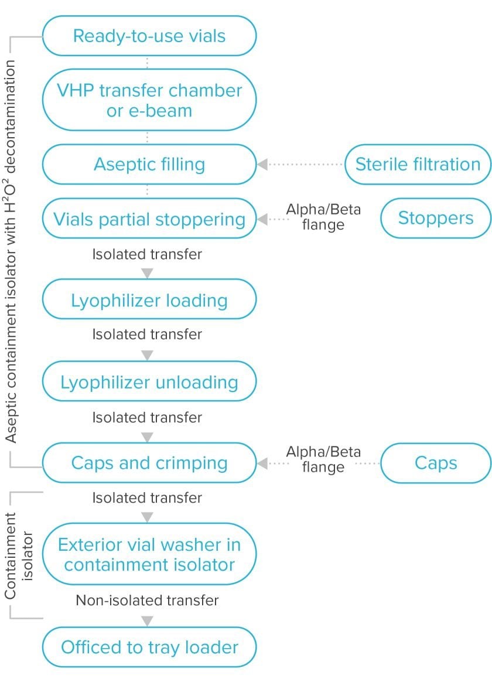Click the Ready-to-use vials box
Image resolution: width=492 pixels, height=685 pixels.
(x=149, y=36)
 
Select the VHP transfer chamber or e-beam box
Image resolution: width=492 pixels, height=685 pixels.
(x=149, y=100)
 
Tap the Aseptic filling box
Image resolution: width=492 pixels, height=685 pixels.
(x=149, y=165)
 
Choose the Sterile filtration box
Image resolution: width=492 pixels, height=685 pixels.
(x=418, y=165)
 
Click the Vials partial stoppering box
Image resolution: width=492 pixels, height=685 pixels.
(x=149, y=219)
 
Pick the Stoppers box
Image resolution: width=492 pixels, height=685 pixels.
(x=435, y=218)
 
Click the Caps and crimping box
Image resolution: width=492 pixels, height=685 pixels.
(x=149, y=462)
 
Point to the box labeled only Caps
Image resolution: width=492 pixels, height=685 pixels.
(x=435, y=462)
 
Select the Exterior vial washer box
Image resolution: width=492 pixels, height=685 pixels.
(x=149, y=554)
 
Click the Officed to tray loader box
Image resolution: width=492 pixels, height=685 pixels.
(x=149, y=647)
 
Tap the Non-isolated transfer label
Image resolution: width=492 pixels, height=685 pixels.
(x=147, y=600)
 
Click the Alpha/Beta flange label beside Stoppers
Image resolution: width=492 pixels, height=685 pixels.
(x=323, y=217)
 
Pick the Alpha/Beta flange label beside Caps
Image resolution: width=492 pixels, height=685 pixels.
(x=323, y=459)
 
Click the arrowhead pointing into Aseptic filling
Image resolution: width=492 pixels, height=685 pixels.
(x=262, y=165)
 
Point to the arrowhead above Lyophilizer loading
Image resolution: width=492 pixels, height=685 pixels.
(x=148, y=274)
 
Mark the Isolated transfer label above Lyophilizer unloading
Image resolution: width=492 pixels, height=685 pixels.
(x=147, y=334)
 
